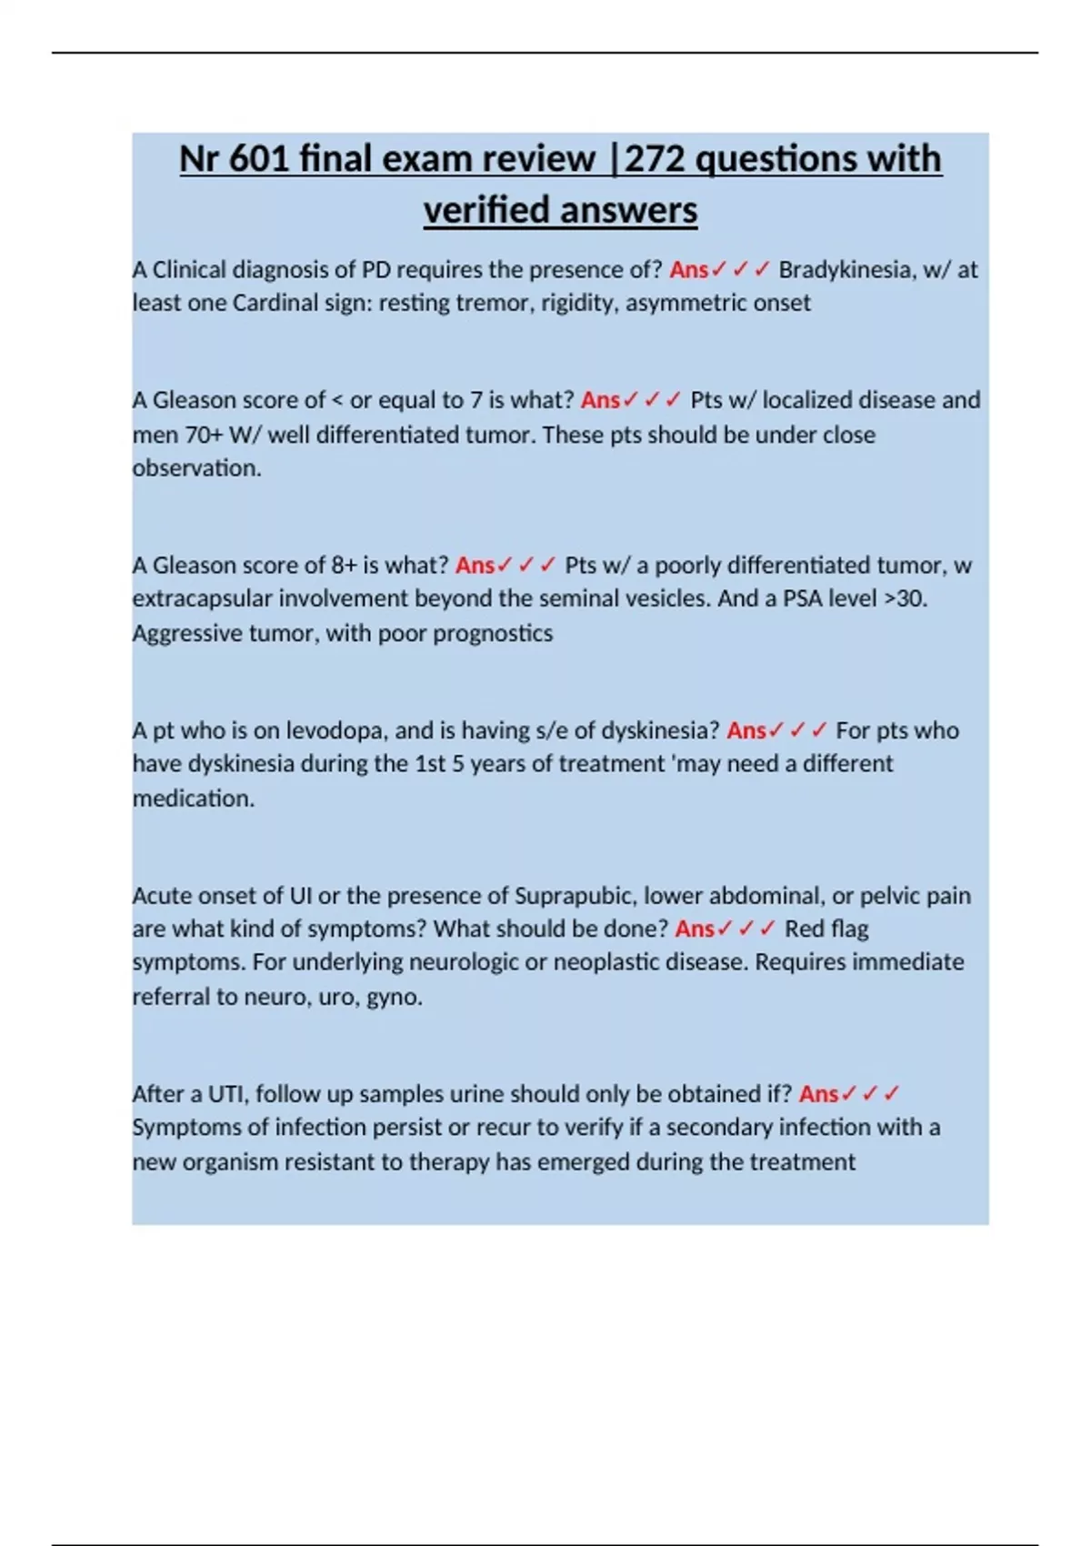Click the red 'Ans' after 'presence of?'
[688, 270]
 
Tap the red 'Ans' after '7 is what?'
[600, 400]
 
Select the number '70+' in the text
[204, 435]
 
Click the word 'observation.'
[196, 468]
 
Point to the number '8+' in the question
[344, 566]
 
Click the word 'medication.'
[194, 798]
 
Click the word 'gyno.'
[395, 997]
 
